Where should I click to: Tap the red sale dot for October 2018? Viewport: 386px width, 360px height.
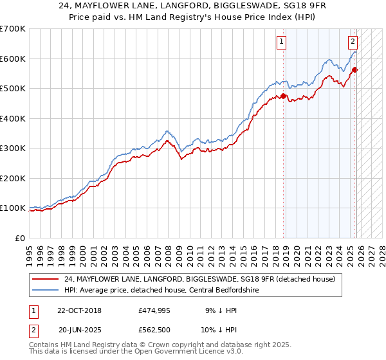284,96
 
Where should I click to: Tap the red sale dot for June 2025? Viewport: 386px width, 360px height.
354,69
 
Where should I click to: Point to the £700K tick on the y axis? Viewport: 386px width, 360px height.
13,29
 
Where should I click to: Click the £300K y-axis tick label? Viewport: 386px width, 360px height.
13,148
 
